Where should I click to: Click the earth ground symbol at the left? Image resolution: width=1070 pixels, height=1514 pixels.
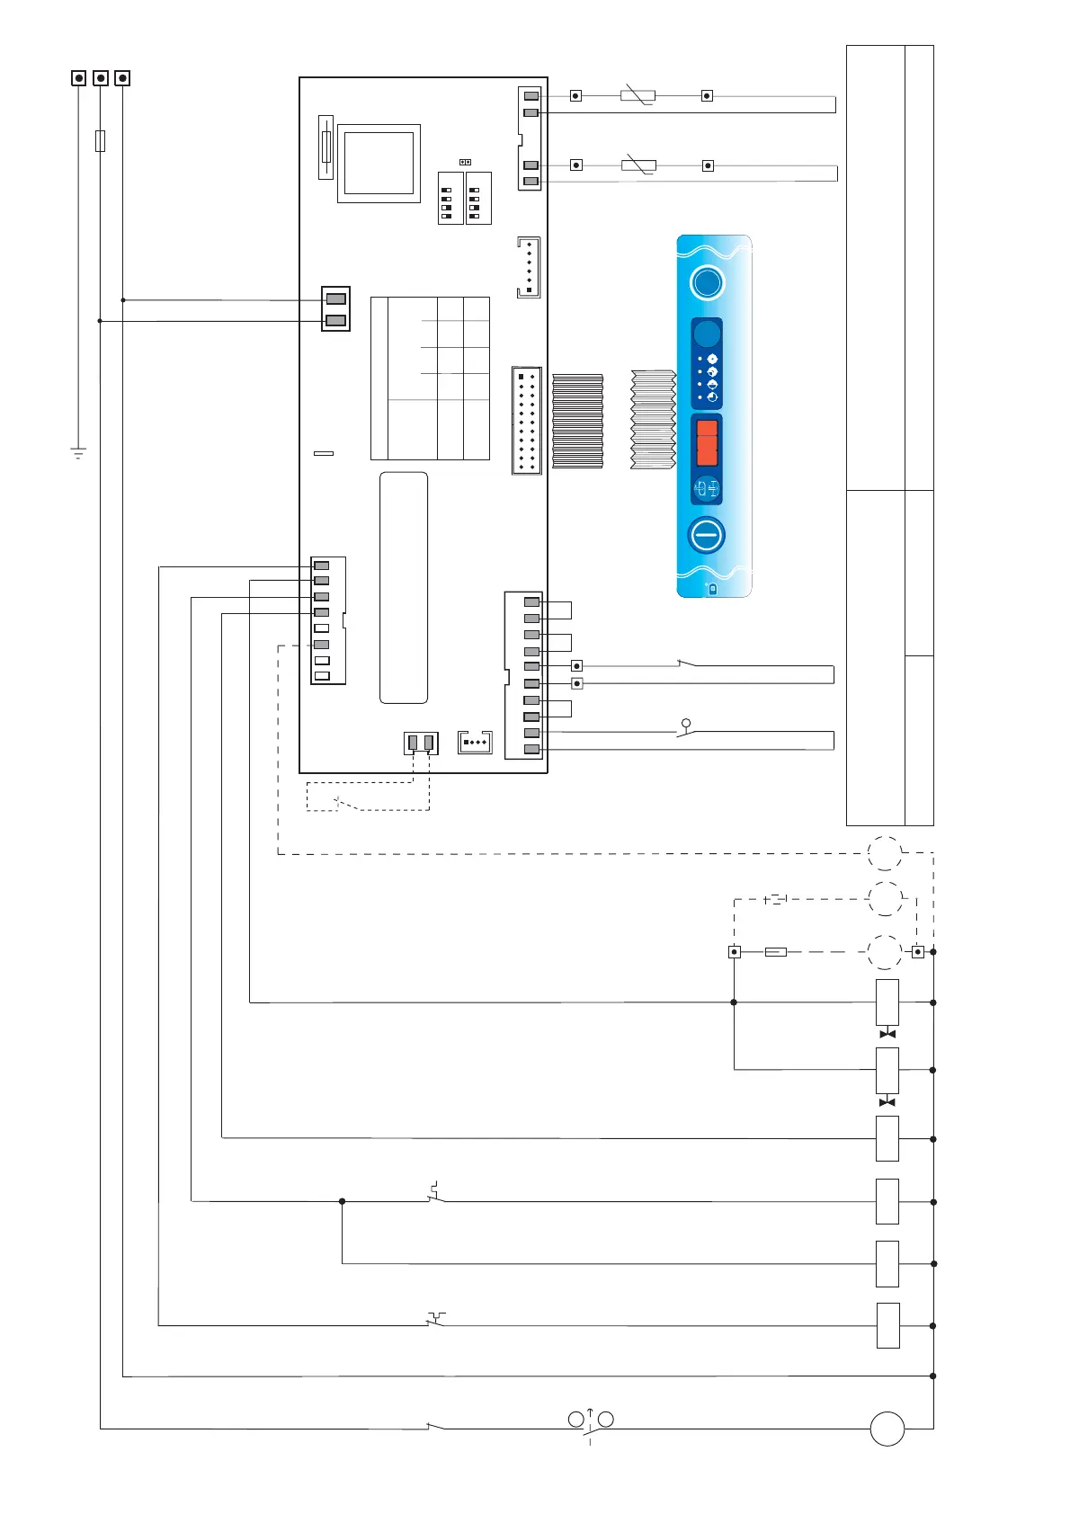pos(78,452)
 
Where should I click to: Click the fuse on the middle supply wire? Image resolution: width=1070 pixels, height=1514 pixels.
pos(100,140)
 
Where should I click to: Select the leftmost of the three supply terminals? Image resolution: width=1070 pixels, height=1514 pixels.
pos(79,78)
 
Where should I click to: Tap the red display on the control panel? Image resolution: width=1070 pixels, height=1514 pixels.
pos(708,441)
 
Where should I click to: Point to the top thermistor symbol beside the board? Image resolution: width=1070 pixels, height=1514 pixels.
pos(638,95)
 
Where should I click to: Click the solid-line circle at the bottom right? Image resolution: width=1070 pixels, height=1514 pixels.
pos(887,1429)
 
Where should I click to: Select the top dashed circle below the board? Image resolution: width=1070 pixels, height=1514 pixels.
pos(885,853)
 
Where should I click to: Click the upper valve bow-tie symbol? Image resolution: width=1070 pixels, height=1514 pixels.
pos(887,1034)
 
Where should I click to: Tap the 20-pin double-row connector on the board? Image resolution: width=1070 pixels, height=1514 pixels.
pos(527,420)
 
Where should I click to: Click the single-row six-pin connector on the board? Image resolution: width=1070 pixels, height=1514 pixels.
pos(529,267)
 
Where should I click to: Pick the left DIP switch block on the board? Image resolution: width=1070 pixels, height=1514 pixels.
pos(450,198)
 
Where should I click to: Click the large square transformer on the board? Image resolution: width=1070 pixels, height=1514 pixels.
pos(379,164)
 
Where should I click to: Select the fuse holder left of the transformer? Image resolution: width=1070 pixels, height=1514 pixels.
pos(326,147)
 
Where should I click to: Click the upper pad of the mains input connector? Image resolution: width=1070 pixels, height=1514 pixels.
pos(335,298)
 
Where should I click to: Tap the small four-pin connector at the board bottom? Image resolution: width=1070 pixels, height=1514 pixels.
pos(475,743)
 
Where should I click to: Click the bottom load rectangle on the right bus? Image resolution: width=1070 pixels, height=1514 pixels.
pos(887,1325)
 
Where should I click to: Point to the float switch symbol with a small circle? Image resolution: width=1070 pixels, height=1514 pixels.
pos(686,730)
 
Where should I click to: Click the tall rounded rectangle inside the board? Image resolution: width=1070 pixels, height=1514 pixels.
pos(404,587)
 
